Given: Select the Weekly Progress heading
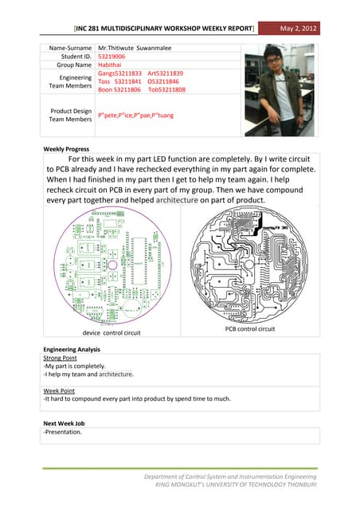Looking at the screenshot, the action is pos(67,149).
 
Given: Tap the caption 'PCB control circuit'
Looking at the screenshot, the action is pos(249,328).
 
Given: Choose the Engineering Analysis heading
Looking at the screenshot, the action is pos(72,350).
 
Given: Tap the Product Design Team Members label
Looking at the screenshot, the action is pos(71,115).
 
